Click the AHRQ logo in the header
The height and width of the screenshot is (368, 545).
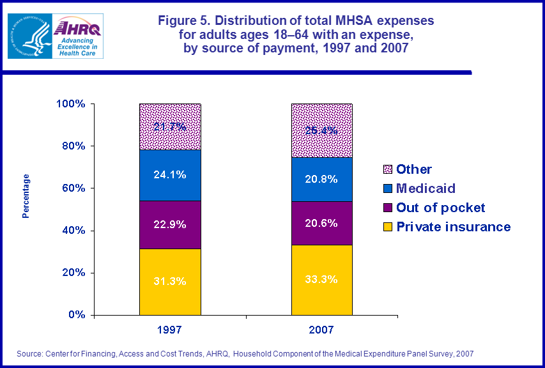pos(77,36)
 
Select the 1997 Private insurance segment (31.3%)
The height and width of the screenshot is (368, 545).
pos(170,282)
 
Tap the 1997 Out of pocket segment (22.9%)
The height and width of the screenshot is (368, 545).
pos(170,224)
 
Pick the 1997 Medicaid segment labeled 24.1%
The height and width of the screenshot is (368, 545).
pos(170,175)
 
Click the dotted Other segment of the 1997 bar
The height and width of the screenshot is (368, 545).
pos(170,126)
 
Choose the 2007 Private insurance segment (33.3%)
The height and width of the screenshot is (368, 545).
pos(322,280)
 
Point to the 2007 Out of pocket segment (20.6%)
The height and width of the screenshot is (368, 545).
pos(322,223)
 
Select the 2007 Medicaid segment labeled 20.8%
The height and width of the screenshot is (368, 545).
pos(322,180)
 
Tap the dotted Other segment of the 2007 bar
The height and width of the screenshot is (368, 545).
pos(322,130)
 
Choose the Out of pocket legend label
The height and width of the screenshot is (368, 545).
pos(441,208)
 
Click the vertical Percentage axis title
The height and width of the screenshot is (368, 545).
pos(26,195)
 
